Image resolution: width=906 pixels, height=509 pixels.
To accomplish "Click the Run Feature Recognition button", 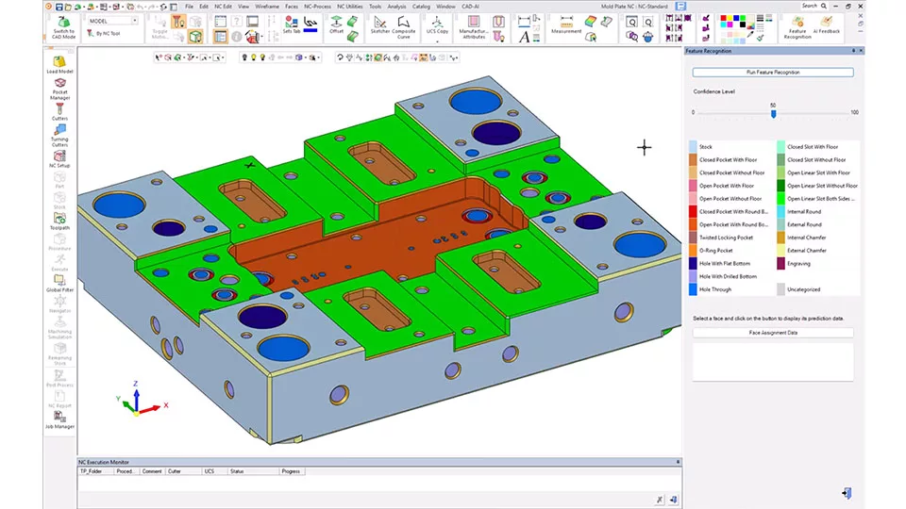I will point(772,73).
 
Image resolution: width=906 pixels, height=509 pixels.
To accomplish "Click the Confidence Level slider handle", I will point(773,113).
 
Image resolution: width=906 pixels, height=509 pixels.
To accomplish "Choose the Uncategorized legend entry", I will point(803,289).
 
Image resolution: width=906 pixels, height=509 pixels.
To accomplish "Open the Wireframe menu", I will point(266,6).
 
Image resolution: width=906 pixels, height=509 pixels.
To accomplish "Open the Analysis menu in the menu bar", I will point(396,6).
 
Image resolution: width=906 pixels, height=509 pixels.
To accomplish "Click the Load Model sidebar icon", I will point(59,63).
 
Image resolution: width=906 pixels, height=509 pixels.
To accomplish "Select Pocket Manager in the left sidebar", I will point(59,90).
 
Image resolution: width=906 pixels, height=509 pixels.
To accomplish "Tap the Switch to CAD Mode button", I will point(63,25).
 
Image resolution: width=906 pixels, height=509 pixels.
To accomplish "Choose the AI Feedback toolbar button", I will point(828,25).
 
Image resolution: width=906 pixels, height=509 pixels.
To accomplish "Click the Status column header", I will point(237,470).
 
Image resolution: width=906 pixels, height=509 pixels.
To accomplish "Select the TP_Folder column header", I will point(92,470).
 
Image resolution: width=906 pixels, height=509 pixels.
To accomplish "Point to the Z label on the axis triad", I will point(137,385).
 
